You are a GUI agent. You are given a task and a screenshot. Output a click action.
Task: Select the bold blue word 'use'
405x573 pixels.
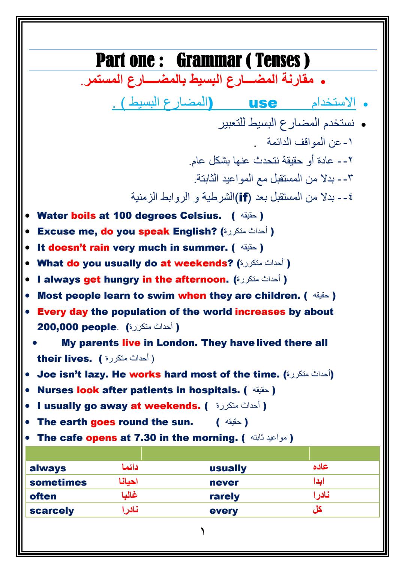pos(263,103)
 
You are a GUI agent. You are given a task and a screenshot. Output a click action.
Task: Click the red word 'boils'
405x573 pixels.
pos(83,216)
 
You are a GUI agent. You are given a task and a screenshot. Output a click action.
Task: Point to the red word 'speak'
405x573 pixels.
pos(154,232)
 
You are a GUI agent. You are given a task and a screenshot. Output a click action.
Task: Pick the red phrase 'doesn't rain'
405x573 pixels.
pos(79,248)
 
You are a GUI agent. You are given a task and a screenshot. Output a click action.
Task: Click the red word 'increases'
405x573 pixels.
pos(260,312)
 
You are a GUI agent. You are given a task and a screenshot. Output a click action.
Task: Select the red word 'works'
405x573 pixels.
pos(145,374)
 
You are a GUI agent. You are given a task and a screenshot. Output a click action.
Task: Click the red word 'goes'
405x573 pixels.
pos(103,422)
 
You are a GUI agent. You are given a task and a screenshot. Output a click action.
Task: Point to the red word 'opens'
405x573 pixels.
pos(101,438)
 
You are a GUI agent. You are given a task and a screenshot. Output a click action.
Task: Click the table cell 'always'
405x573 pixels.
pos(48,468)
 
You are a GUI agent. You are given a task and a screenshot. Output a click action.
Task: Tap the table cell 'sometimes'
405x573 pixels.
pos(58,483)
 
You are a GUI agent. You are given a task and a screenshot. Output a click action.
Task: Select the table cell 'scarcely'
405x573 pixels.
pos(52,511)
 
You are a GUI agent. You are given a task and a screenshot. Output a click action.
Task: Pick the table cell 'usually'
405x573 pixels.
pos(228,468)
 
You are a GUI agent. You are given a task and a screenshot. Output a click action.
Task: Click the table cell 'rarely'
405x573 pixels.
pos(224,496)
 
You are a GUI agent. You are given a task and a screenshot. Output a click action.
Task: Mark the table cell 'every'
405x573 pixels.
pos(223,511)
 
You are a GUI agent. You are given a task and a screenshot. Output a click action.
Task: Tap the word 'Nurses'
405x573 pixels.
pos(55,390)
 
